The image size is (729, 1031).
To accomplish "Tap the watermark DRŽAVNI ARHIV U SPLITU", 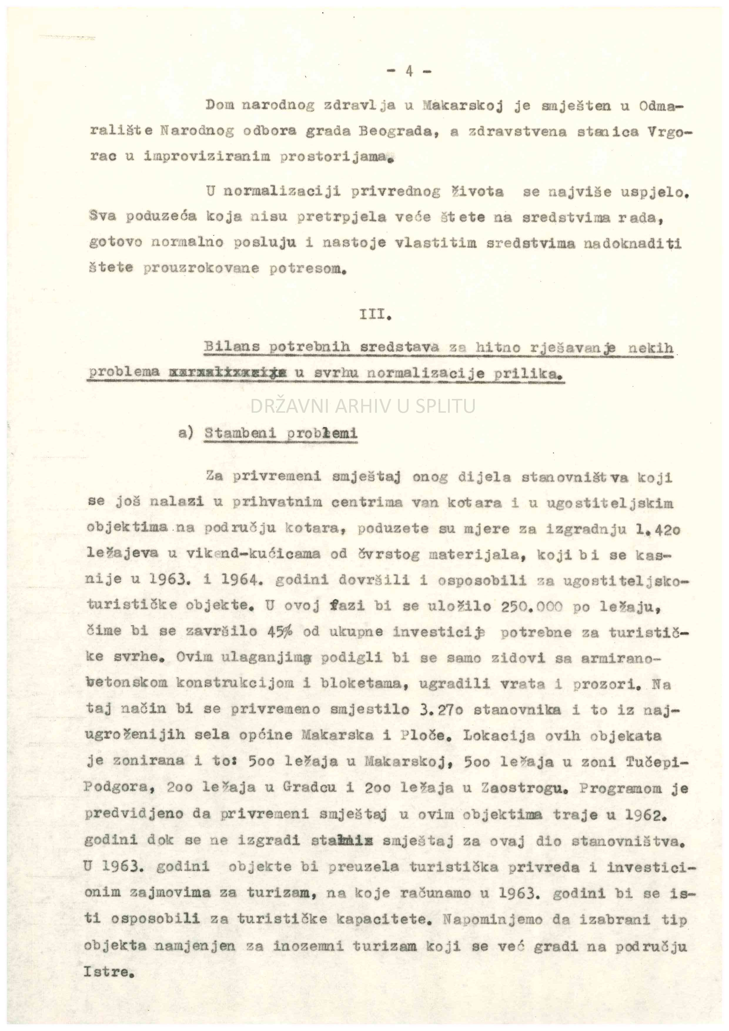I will click(363, 406).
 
